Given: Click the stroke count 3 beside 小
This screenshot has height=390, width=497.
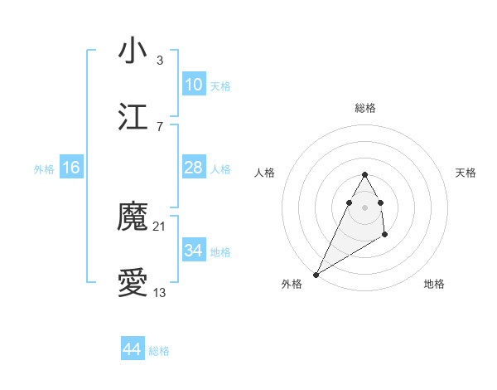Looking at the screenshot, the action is pos(159,60).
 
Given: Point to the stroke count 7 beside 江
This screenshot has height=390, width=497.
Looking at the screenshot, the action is pos(159,126).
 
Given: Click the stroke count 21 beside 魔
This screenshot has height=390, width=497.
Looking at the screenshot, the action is pos(160,227).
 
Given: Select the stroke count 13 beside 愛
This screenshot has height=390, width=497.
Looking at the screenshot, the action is pos(160,293).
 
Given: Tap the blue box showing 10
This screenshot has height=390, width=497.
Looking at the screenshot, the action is pos(193,85).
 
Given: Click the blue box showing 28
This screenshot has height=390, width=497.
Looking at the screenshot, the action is pos(193,168).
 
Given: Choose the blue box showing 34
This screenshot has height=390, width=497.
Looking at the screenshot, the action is pos(193,251).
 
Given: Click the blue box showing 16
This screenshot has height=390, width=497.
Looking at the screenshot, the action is pos(71,168).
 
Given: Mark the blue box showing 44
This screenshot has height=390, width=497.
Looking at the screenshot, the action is pos(132,349).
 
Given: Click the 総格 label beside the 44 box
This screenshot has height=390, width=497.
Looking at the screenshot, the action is pos(159,351).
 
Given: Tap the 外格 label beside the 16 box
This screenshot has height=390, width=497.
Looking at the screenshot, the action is pos(44,169).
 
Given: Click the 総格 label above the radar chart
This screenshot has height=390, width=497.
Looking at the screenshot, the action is pos(365,108).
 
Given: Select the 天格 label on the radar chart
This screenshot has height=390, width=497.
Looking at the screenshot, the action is pos(466,173).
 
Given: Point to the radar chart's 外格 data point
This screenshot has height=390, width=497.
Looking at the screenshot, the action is pos(316,275).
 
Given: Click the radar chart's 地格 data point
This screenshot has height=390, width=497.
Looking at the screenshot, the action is pos(385,236).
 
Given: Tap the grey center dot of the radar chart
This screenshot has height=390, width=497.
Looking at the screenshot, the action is pos(364,207).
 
